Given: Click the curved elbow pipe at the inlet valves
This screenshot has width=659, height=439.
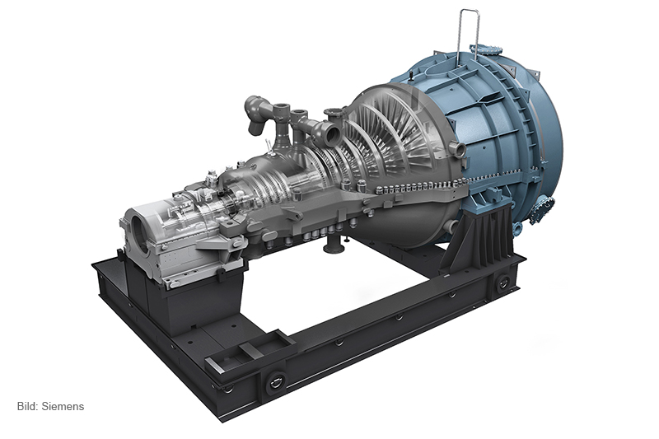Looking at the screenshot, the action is (255, 114).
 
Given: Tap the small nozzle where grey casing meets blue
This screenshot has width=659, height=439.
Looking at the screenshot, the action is (457, 149).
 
